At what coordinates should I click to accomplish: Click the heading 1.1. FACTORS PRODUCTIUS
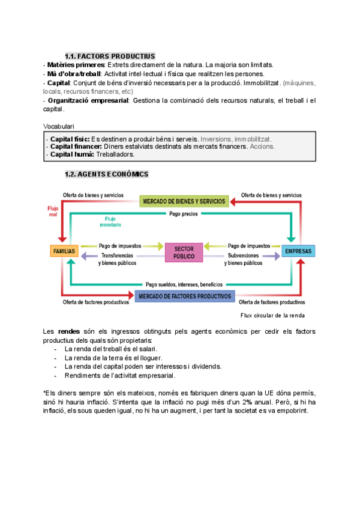(x=110, y=56)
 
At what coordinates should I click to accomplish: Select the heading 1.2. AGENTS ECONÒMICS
(x=106, y=174)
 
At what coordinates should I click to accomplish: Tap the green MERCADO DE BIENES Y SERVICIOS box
(x=184, y=202)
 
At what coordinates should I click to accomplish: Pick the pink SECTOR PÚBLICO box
(x=184, y=252)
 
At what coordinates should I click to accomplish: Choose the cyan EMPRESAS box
(x=298, y=251)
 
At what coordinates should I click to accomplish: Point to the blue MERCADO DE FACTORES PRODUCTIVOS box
(x=184, y=297)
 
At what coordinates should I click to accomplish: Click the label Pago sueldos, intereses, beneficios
(x=184, y=284)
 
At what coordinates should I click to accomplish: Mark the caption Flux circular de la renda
(x=272, y=315)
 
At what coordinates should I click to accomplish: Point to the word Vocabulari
(x=59, y=126)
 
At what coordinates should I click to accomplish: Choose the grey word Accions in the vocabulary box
(x=262, y=146)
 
